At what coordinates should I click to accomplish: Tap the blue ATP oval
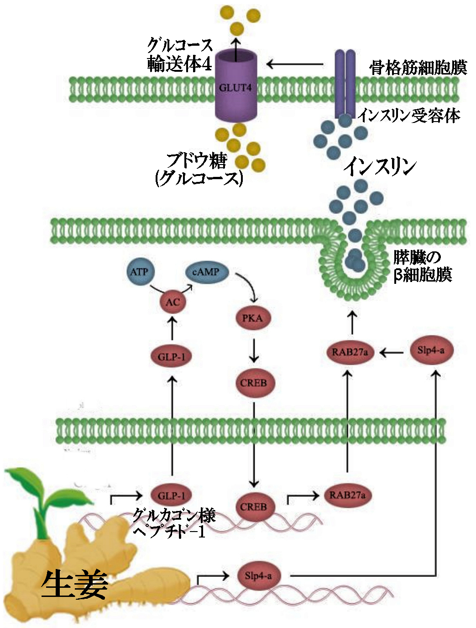click(x=139, y=272)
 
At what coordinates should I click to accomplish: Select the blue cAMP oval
click(x=205, y=272)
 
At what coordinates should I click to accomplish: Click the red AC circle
click(x=173, y=302)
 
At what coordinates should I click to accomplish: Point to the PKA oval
click(x=252, y=318)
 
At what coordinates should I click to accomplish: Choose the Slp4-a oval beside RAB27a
click(x=430, y=351)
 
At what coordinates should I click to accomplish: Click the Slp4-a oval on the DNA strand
click(x=258, y=576)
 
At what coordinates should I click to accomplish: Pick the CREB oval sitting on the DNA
click(x=253, y=507)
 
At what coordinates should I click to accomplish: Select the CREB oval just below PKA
click(x=253, y=383)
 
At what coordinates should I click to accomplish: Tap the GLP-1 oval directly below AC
click(x=172, y=357)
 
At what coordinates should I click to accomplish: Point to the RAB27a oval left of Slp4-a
click(x=350, y=352)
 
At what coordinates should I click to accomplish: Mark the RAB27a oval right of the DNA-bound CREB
click(x=347, y=495)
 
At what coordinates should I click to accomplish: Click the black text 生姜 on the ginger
click(x=74, y=585)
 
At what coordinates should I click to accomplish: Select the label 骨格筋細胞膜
click(x=418, y=68)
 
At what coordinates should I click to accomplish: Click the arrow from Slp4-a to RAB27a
click(x=392, y=352)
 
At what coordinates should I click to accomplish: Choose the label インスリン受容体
click(x=408, y=115)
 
